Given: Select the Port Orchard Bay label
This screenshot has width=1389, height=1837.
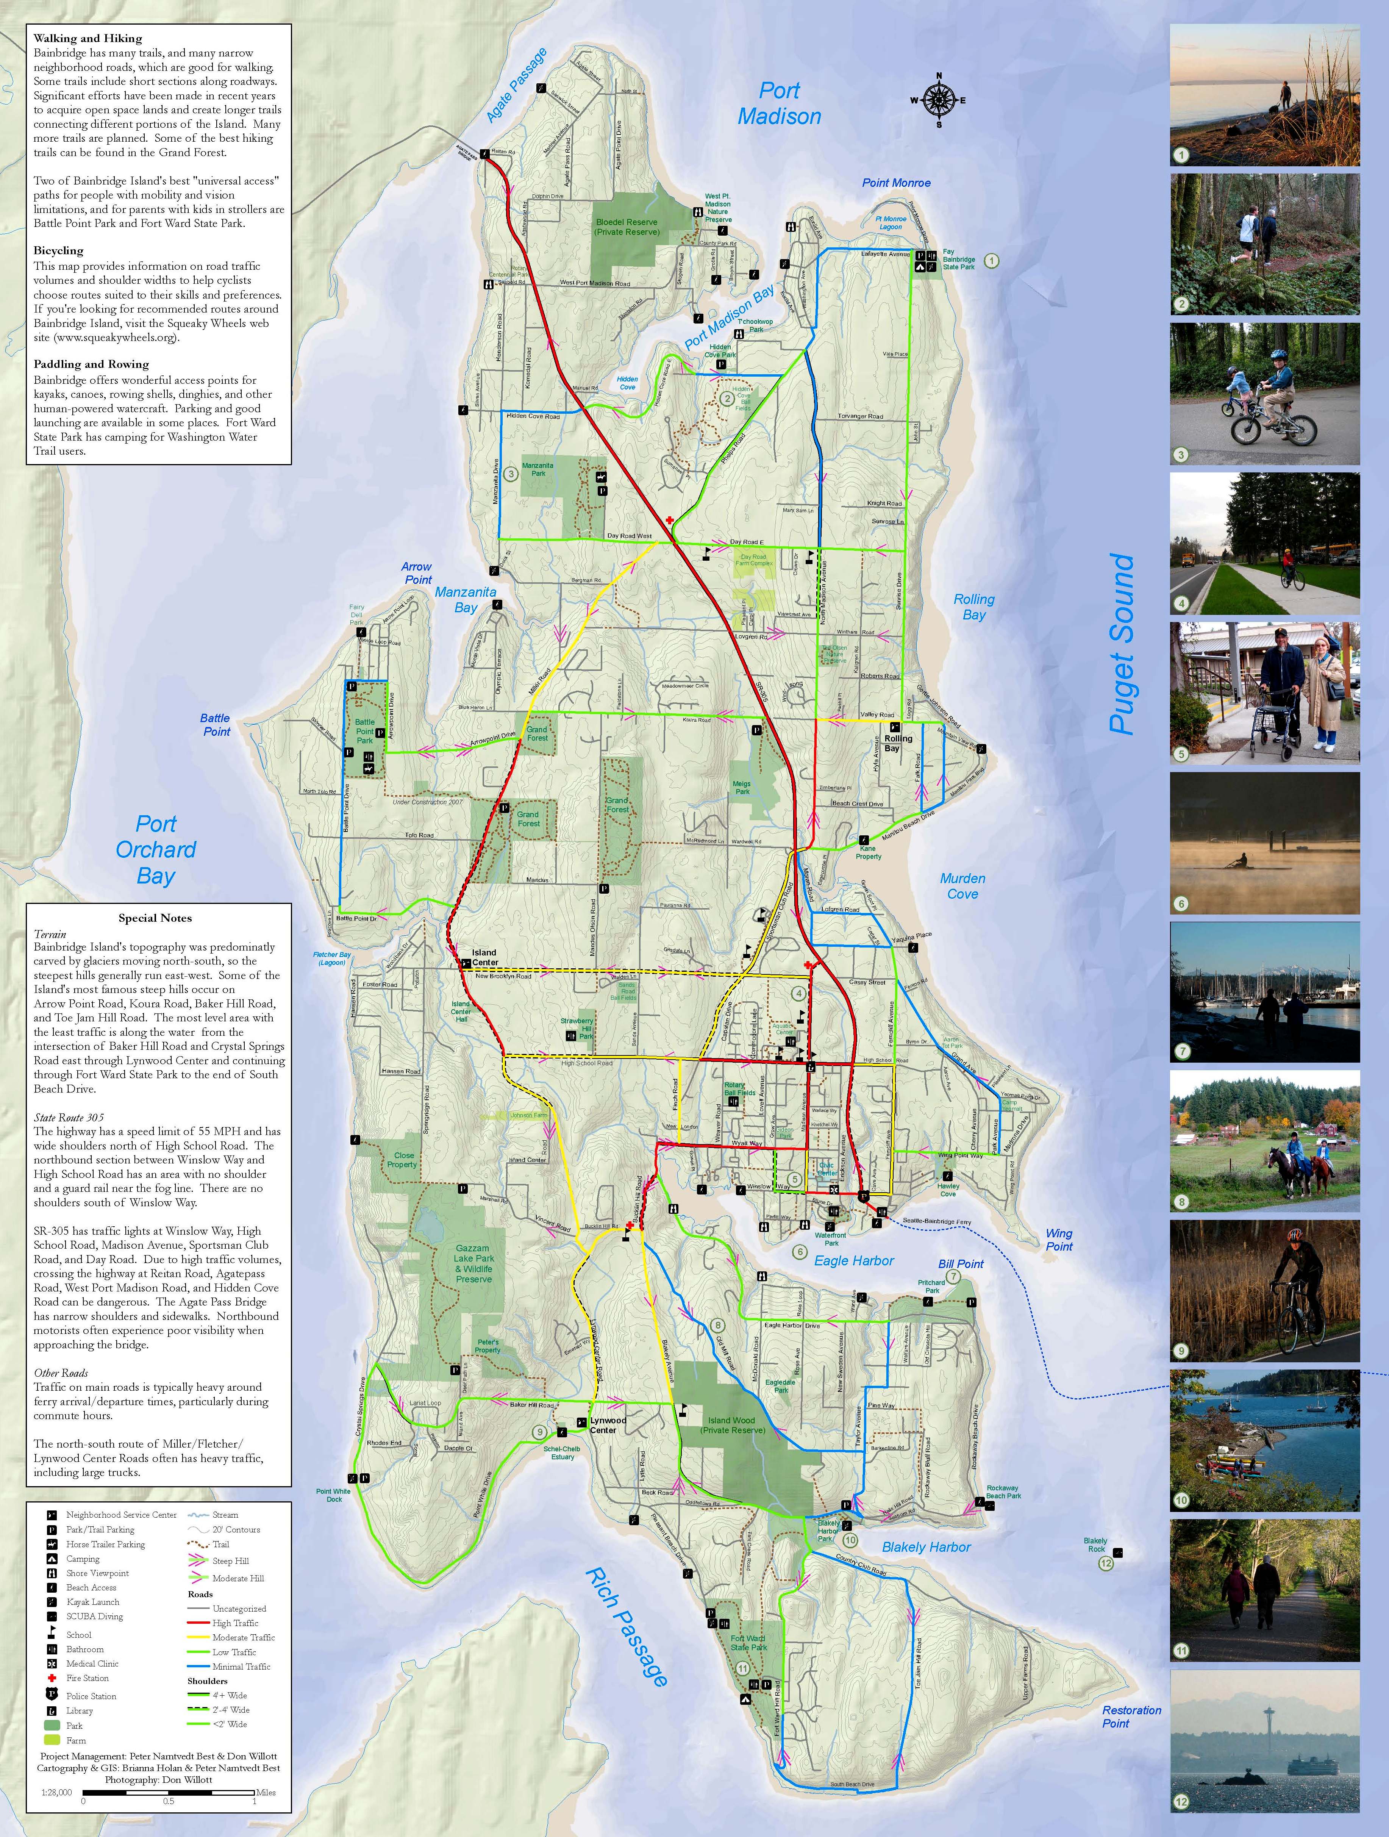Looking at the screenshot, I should (x=156, y=850).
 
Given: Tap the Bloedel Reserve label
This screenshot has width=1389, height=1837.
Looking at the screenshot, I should (x=627, y=227).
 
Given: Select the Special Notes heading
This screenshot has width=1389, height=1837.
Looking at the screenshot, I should (x=155, y=918).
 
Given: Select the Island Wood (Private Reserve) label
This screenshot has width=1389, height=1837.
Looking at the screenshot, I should (x=731, y=1425).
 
